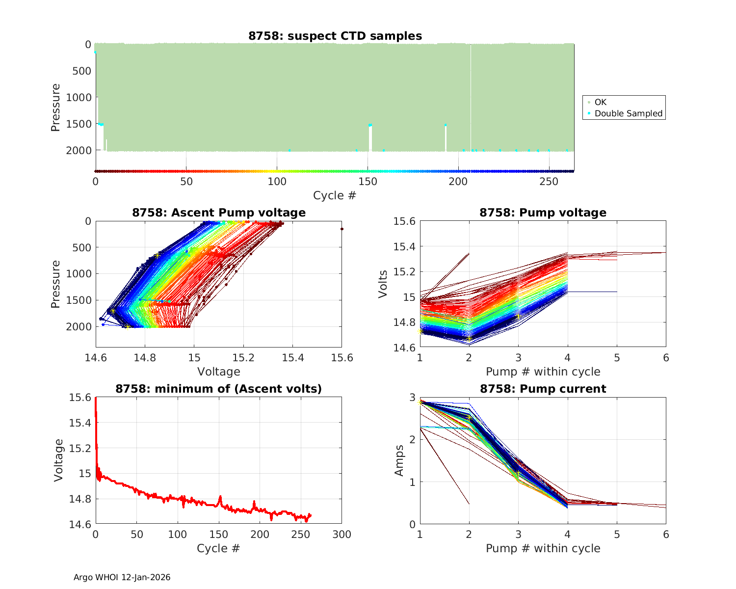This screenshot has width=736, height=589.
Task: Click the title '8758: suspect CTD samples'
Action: click(335, 36)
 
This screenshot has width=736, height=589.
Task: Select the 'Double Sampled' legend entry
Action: click(628, 113)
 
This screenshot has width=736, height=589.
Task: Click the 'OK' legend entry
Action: click(600, 102)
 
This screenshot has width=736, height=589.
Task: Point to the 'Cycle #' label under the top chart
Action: click(335, 195)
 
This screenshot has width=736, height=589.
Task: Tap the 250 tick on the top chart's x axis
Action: click(549, 182)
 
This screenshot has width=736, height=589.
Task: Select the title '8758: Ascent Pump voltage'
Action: click(219, 213)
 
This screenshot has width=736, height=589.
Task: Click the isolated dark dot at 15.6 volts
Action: click(342, 229)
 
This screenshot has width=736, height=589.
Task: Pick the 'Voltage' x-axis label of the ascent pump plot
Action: click(219, 372)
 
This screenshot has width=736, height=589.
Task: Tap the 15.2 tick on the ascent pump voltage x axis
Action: click(243, 358)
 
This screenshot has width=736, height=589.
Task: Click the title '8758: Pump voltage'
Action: click(543, 213)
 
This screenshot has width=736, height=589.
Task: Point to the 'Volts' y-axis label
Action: click(383, 284)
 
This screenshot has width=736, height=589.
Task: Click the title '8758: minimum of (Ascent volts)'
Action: click(219, 389)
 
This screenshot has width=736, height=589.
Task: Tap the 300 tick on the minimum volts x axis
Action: click(342, 534)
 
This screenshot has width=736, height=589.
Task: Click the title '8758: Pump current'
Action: click(543, 389)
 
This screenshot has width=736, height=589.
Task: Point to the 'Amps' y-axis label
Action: click(400, 460)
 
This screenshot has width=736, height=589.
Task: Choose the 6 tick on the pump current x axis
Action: click(666, 534)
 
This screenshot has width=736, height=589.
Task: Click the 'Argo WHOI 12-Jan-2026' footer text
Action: click(122, 577)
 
